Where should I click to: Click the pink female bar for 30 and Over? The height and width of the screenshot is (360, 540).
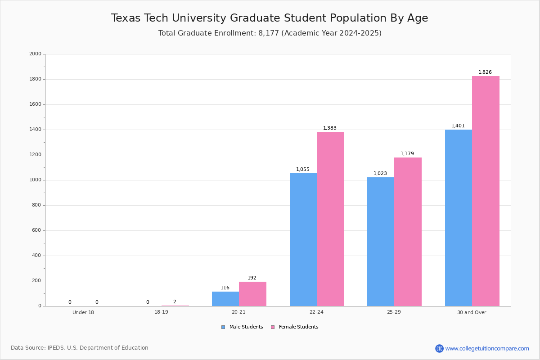click(x=486, y=191)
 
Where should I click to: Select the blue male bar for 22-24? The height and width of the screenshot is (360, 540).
click(x=303, y=239)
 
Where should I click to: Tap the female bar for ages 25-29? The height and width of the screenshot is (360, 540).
click(x=408, y=232)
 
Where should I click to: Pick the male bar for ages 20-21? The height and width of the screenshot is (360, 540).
click(x=225, y=299)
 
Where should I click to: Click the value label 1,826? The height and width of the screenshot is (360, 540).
click(x=485, y=72)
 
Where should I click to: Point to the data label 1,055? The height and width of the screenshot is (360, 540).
click(x=302, y=170)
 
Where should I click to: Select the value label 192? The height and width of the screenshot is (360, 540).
click(x=252, y=278)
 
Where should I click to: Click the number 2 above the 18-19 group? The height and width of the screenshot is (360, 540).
click(x=175, y=302)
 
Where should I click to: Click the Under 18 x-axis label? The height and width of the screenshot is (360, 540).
click(x=83, y=312)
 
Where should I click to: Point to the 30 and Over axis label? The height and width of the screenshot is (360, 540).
click(x=472, y=312)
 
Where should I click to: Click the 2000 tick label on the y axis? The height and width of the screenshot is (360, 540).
click(x=35, y=54)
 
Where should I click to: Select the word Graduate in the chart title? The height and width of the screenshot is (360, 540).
click(x=255, y=18)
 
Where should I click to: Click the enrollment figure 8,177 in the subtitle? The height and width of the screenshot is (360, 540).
click(x=269, y=33)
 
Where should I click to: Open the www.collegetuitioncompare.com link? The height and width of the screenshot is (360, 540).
click(x=487, y=348)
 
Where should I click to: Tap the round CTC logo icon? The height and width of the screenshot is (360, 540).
click(x=439, y=348)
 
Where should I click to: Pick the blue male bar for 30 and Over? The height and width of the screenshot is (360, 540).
click(x=458, y=218)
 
